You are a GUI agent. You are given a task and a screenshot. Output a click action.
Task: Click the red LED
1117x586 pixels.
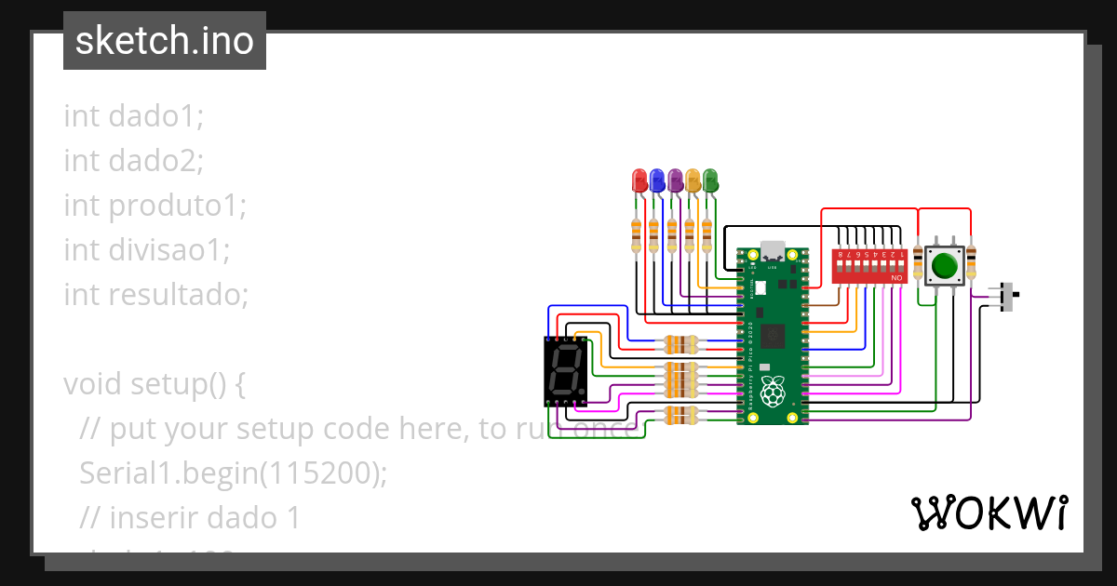(639, 180)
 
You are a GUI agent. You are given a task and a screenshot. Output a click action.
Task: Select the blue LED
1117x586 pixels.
(656, 180)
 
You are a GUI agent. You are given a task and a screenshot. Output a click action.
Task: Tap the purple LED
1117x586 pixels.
(675, 180)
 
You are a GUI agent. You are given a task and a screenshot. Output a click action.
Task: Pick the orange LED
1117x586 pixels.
(693, 180)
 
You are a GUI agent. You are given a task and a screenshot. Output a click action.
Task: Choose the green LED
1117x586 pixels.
(710, 180)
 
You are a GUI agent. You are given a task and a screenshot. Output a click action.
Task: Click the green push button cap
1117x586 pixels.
(945, 266)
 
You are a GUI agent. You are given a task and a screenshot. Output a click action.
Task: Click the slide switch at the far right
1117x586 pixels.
(1008, 296)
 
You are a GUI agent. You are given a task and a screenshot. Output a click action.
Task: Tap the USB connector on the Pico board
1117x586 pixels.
(773, 250)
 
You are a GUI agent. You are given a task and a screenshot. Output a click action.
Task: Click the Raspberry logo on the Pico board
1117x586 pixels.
(772, 393)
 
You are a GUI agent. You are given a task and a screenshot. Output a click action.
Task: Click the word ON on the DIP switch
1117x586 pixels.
(897, 278)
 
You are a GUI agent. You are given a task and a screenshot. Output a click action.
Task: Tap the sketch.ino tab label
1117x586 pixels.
(165, 41)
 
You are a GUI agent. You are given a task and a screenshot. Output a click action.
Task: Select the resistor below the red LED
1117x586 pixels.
(637, 233)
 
